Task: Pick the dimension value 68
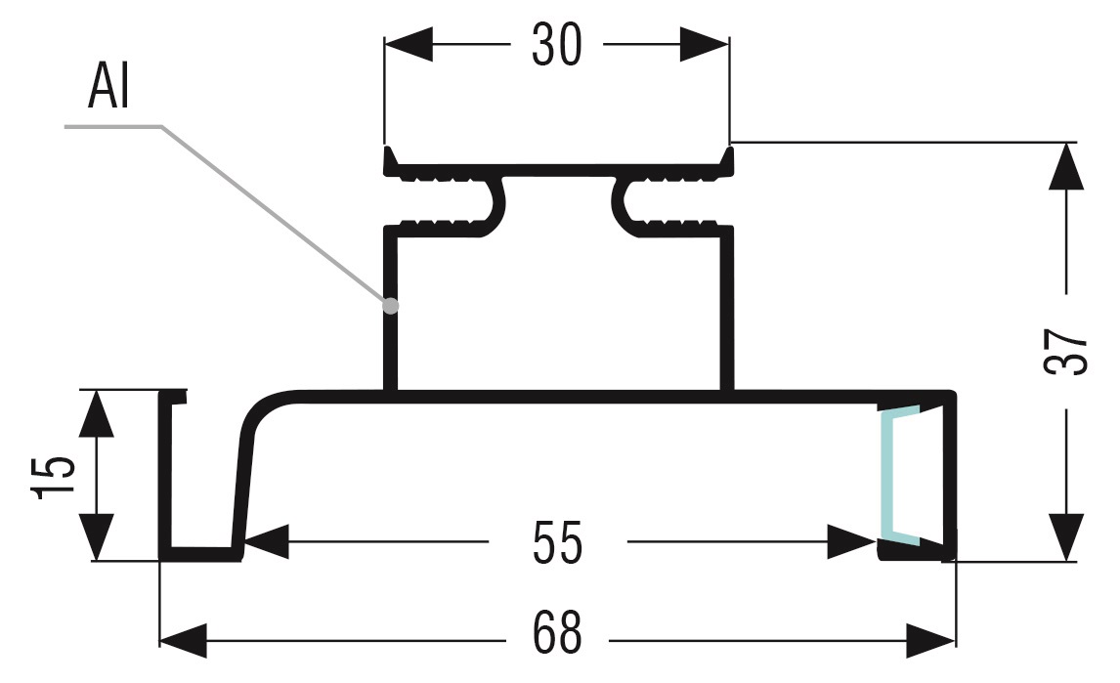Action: pos(557,635)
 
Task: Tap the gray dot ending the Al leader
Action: pos(391,305)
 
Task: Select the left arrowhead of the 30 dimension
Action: pos(407,44)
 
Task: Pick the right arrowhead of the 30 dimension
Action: pos(706,44)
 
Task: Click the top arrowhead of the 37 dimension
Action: pos(1066,166)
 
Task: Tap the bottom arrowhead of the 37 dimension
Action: pos(1066,537)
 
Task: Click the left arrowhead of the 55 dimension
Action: pos(266,542)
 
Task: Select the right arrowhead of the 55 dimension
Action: pos(849,542)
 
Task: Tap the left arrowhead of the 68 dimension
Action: pos(183,640)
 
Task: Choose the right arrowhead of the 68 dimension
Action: pos(930,640)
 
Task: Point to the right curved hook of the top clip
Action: pos(623,204)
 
